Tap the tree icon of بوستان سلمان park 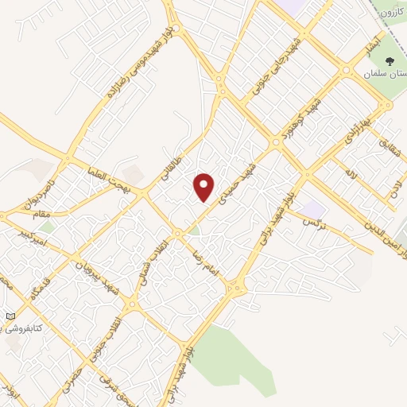[x=389, y=62]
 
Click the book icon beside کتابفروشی [x=10, y=316]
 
